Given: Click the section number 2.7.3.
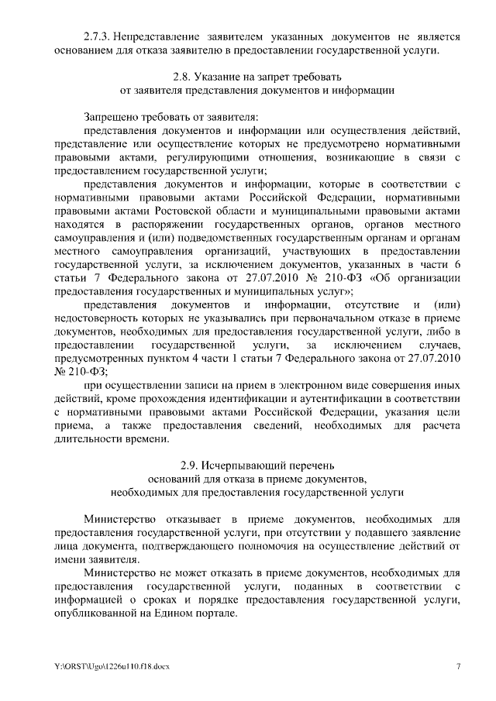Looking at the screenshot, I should [99, 36].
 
